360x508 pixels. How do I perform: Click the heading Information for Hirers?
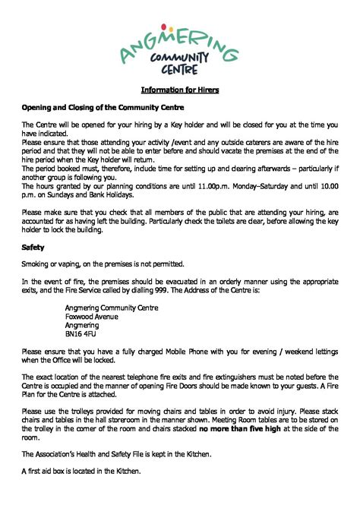click(x=180, y=90)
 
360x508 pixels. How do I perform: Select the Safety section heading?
click(x=33, y=247)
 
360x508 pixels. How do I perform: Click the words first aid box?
click(x=52, y=471)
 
